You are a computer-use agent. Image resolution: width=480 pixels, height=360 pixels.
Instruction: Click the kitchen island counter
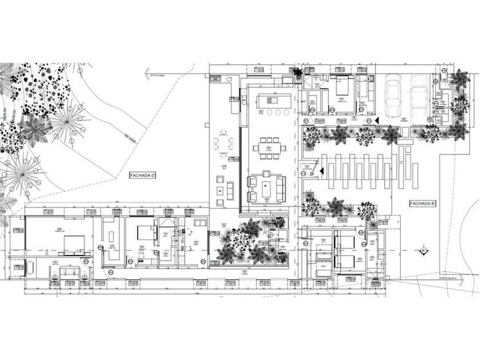pyautogui.click(x=271, y=100)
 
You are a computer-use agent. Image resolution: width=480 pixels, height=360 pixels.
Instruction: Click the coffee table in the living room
pyautogui.click(x=266, y=187)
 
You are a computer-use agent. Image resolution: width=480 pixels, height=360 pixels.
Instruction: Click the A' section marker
pyautogui.click(x=423, y=250)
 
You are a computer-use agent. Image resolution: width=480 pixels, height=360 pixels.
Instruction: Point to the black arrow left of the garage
pyautogui.click(x=377, y=119)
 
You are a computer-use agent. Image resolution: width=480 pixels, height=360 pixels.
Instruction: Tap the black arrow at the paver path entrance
pyautogui.click(x=322, y=170)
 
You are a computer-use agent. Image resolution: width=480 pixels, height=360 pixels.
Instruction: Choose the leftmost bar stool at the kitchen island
pyautogui.click(x=261, y=113)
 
